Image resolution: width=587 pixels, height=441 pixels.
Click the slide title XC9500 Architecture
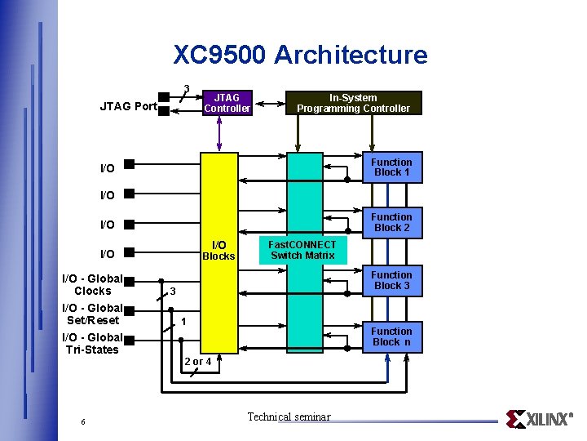point(300,55)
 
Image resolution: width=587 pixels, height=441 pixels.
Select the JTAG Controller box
point(227,102)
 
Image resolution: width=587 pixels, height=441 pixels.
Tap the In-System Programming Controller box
point(353,102)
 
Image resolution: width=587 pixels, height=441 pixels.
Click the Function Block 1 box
point(392,167)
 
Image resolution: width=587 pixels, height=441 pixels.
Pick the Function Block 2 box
point(392,222)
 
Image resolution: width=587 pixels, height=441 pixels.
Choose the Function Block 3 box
point(392,280)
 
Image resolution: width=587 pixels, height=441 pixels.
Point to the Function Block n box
point(392,336)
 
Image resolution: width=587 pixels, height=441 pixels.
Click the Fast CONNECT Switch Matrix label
point(302,250)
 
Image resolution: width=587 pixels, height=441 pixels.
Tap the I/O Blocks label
point(218,251)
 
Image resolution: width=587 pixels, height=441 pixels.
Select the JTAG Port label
point(128,106)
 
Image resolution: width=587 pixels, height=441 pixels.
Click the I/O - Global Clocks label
point(92,284)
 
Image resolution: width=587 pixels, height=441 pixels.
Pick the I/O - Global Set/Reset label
point(93,314)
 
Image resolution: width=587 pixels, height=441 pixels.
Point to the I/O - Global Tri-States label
point(92,343)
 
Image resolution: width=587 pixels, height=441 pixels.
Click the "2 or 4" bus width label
point(198,361)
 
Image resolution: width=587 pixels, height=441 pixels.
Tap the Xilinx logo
point(539,419)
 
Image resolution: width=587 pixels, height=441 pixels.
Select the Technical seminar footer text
point(289,417)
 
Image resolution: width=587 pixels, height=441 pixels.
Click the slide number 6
point(83,421)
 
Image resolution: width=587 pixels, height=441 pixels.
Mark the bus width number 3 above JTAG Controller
point(187,88)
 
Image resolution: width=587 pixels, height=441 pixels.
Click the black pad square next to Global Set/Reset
point(128,309)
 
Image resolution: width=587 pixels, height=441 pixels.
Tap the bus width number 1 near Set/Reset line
point(184,322)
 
